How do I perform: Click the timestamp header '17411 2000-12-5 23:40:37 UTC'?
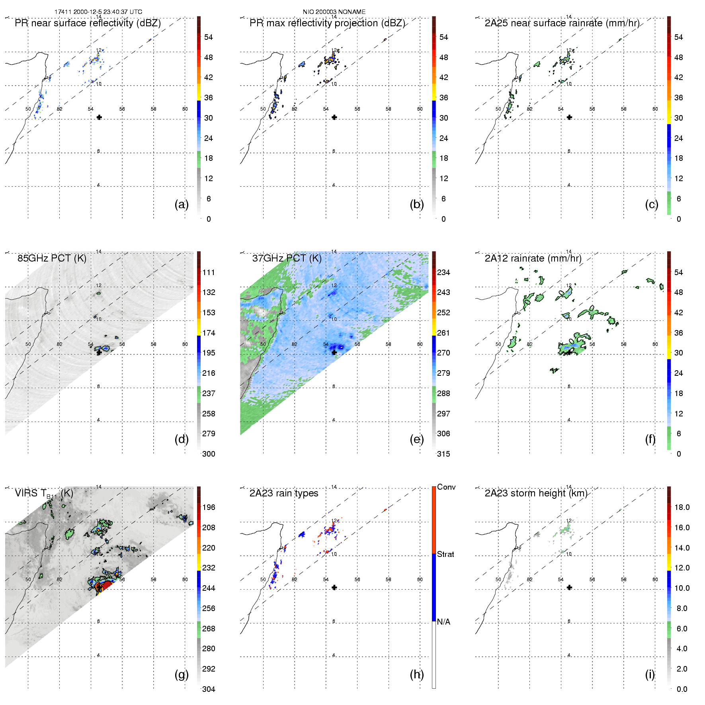[98, 12]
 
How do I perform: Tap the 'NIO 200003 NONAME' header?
[334, 12]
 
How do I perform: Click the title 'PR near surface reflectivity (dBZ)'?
[88, 23]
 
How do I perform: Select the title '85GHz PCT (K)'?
[52, 258]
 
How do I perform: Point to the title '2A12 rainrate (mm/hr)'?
[533, 258]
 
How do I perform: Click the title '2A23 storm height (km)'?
[536, 493]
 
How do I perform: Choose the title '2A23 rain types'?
[284, 493]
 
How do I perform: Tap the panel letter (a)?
[182, 204]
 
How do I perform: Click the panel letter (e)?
[417, 439]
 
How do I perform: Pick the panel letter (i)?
[650, 674]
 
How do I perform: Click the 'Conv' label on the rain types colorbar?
[446, 487]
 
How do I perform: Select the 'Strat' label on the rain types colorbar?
[445, 554]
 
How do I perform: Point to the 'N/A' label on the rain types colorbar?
[443, 622]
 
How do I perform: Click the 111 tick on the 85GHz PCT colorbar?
[209, 272]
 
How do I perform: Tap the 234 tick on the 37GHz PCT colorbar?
[443, 272]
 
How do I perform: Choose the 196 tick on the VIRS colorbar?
[209, 507]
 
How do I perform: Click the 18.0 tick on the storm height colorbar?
[682, 507]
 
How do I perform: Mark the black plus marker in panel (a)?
[99, 117]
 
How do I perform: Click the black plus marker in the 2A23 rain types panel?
[334, 588]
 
